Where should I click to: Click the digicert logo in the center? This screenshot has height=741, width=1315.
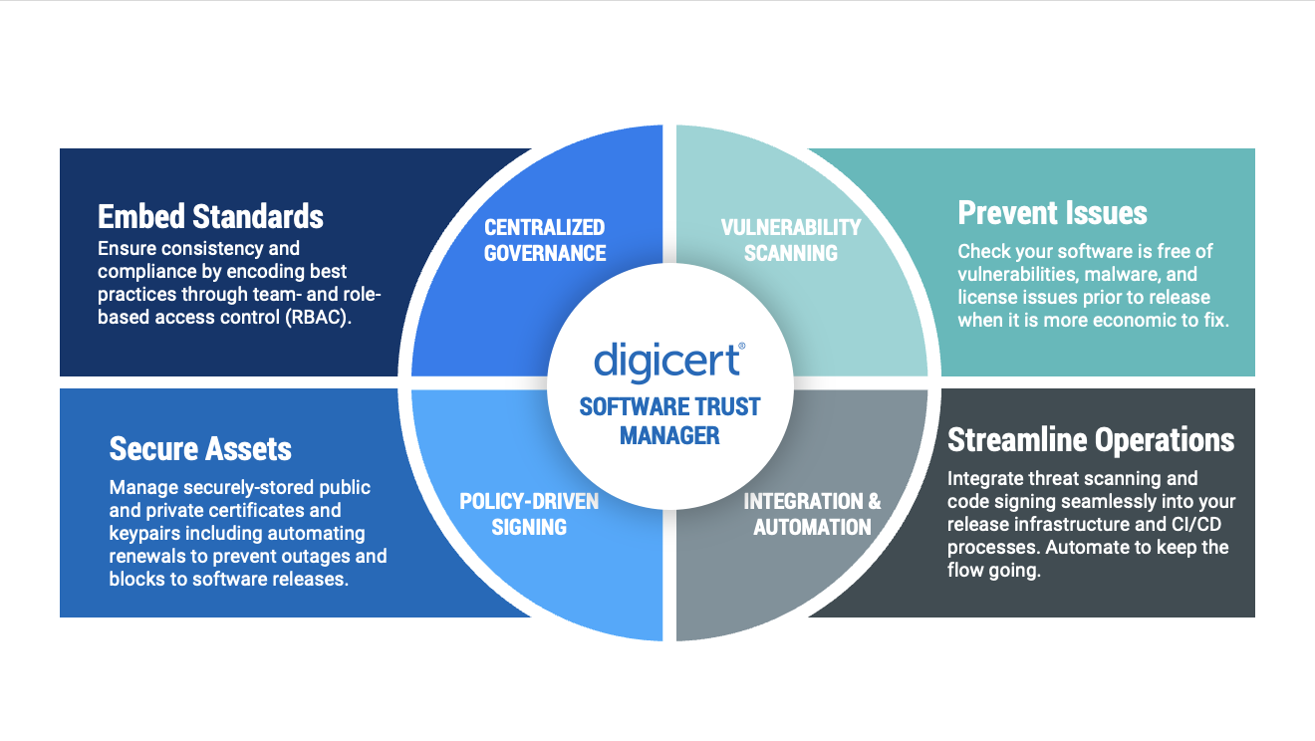[x=666, y=361]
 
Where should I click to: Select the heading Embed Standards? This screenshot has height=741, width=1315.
[x=210, y=216]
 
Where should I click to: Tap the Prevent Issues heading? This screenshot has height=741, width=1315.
[x=1052, y=212]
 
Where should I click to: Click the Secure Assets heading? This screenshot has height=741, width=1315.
[x=200, y=449]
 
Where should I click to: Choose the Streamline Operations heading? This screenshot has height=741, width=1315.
[x=1091, y=439]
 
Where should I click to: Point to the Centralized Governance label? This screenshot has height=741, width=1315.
[x=545, y=240]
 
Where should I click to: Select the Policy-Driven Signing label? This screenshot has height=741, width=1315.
[x=529, y=514]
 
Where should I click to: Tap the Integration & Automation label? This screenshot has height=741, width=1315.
[x=812, y=514]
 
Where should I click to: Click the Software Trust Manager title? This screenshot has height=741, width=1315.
[x=669, y=421]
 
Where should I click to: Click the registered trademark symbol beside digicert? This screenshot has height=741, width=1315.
[x=740, y=345]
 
